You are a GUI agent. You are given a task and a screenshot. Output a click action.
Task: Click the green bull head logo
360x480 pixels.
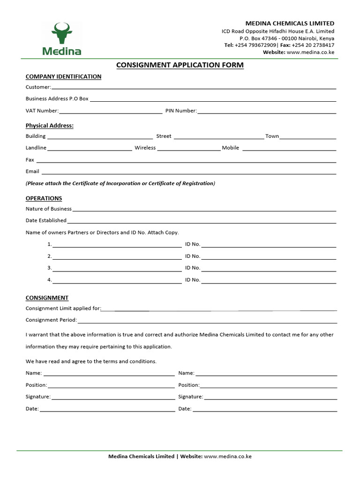tap(62, 32)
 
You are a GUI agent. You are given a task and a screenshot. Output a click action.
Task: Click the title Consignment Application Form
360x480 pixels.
tap(180, 65)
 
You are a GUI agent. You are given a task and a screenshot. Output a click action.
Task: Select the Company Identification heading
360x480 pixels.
tap(63, 76)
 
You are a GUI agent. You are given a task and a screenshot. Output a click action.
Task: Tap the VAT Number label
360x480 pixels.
tap(42, 111)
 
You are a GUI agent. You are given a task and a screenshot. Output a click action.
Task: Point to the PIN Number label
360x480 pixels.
tap(181, 111)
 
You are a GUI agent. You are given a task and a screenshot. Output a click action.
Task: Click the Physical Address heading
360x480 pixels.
tap(49, 126)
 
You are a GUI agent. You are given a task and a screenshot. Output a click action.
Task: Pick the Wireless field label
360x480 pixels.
tap(145, 148)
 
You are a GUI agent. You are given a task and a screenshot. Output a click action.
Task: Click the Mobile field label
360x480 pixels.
tap(231, 148)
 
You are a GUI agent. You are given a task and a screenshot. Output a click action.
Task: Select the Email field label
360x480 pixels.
tap(32, 172)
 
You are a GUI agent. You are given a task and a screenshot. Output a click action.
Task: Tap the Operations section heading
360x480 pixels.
tap(44, 198)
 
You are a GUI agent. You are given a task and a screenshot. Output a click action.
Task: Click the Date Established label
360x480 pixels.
tap(46, 220)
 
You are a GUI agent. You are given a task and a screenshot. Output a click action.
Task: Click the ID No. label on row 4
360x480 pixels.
tap(193, 280)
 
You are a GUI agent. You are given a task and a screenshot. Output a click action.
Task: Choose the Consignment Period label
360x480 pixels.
tap(51, 320)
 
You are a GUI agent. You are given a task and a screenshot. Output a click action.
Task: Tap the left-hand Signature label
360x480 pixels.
tap(38, 397)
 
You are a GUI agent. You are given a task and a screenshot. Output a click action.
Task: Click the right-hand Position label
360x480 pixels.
tap(189, 385)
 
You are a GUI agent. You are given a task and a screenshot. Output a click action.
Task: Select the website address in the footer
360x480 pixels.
tap(228, 456)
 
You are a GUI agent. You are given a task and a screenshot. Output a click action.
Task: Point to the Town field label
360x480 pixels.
tap(272, 136)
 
